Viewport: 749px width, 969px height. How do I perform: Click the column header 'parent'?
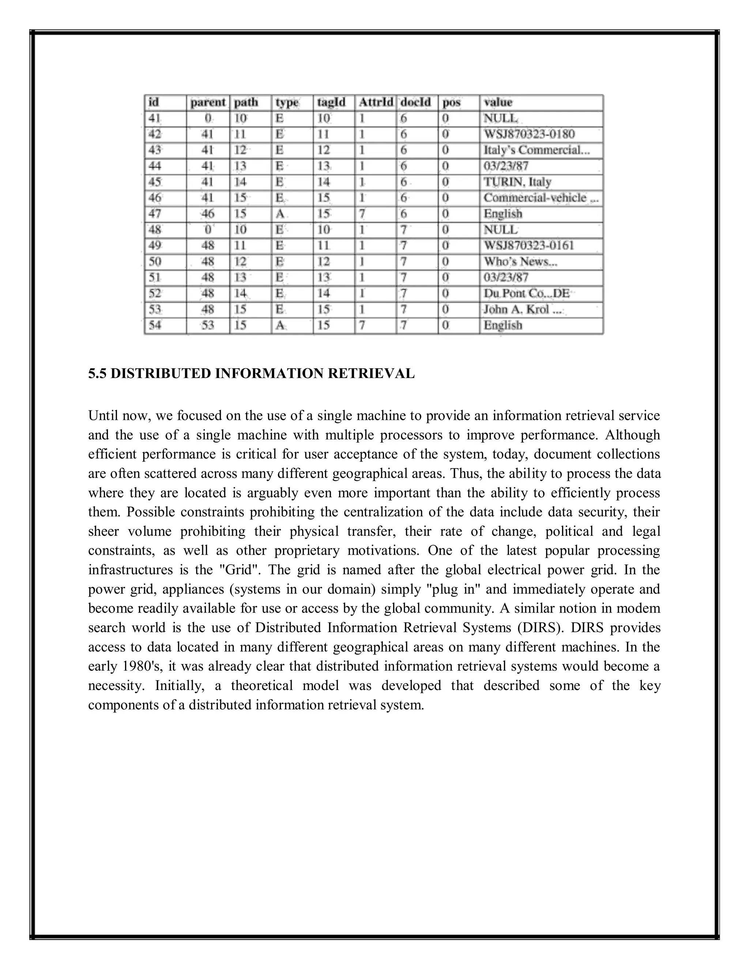208,102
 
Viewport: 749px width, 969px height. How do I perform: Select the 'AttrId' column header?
375,102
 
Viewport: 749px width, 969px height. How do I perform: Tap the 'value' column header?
498,102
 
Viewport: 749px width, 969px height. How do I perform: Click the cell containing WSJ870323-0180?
529,134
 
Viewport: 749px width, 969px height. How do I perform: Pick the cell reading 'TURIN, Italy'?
517,182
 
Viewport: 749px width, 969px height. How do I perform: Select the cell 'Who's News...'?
520,261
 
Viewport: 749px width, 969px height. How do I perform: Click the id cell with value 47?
155,214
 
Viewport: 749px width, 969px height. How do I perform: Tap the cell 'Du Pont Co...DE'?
526,293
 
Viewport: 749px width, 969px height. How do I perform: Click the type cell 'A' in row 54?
280,325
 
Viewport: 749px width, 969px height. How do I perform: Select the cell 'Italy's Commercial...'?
537,150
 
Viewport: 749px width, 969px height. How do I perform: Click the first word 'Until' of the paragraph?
103,416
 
